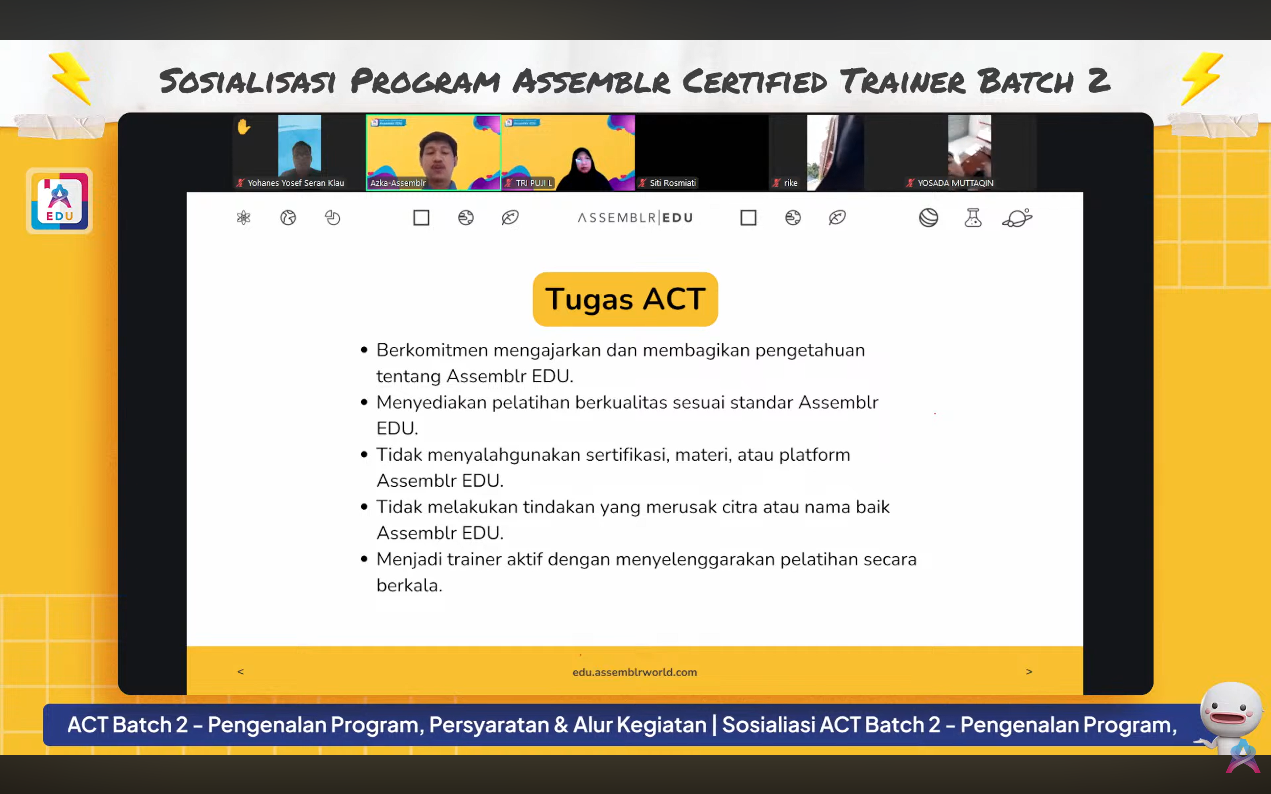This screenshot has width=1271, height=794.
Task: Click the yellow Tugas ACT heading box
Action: tap(625, 299)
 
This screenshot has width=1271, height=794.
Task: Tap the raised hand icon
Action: tap(244, 127)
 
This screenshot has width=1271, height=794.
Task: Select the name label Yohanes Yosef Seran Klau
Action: tap(296, 183)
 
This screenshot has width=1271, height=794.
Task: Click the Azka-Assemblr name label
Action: tap(398, 183)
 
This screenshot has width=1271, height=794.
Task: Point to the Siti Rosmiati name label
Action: tap(672, 183)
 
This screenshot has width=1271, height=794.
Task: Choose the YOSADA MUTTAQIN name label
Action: tap(955, 183)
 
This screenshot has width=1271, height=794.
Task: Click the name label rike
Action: tap(790, 183)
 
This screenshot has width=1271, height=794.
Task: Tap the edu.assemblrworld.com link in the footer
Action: tap(634, 672)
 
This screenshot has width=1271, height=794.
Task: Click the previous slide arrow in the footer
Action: tap(241, 672)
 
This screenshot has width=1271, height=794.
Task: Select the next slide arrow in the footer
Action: tap(1029, 672)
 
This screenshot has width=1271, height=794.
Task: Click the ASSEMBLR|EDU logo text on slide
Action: tap(635, 218)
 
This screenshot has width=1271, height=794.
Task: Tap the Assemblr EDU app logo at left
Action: tap(59, 201)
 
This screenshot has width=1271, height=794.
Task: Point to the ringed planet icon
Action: tap(1017, 218)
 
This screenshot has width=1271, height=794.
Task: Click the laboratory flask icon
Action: tap(973, 218)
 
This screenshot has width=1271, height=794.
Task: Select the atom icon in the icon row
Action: tap(244, 218)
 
